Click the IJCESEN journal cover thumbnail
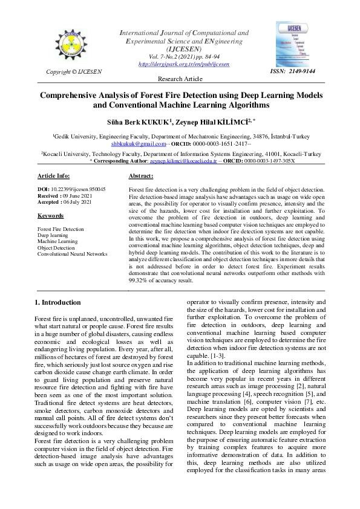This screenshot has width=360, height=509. [293, 44]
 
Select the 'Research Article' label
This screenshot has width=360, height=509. [180, 79]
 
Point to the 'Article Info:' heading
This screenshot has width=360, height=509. [54, 176]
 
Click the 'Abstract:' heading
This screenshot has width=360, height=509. [141, 176]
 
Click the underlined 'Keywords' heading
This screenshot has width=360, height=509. [51, 215]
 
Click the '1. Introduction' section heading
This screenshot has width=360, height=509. [57, 302]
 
